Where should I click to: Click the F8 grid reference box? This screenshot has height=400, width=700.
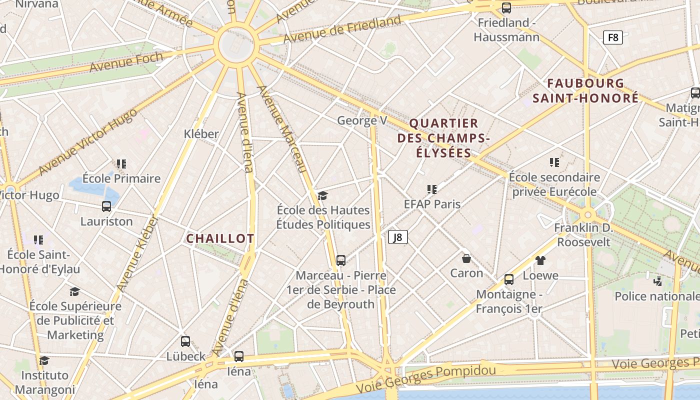pos(612,37)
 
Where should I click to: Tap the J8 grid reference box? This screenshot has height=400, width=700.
pos(398,237)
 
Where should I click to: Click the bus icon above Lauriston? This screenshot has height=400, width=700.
pos(106,206)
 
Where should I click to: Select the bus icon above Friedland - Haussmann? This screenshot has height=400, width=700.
pos(506,8)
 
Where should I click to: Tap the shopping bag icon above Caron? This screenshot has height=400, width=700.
pos(466,258)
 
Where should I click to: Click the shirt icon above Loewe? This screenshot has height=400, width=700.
pos(540,260)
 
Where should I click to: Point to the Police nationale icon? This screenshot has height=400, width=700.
pos(658,281)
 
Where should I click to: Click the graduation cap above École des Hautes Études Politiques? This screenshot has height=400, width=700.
pos(322,195)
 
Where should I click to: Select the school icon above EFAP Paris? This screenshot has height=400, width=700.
pos(432,189)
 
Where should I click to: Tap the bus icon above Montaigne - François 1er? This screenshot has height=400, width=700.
pos(509,279)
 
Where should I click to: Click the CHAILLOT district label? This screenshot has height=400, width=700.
pos(220,239)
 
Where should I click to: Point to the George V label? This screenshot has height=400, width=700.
pos(362,120)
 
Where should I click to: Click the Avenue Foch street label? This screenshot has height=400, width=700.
pos(126,61)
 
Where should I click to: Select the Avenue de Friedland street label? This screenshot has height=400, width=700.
pos(342,29)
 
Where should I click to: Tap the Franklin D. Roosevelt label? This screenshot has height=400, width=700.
pos(584,235)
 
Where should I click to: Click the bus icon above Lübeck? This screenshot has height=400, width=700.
pos(185,341)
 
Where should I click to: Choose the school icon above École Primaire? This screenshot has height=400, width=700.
pos(121,163)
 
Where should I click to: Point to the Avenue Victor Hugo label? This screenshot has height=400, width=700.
pos(88,141)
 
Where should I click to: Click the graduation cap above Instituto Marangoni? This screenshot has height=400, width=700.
pos(44,360)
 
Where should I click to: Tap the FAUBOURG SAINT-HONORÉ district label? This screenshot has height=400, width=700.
pos(585,90)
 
